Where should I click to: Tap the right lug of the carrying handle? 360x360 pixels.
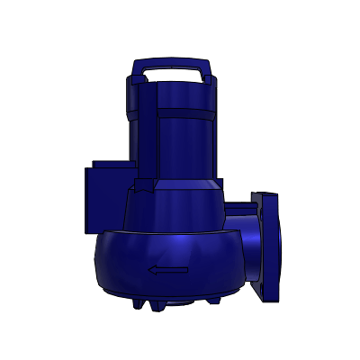(x=206, y=74)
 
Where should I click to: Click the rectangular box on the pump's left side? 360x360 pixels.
(x=106, y=196)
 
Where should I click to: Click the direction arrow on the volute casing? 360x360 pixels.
(x=168, y=269)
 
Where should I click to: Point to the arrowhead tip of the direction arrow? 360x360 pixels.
(x=150, y=269)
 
